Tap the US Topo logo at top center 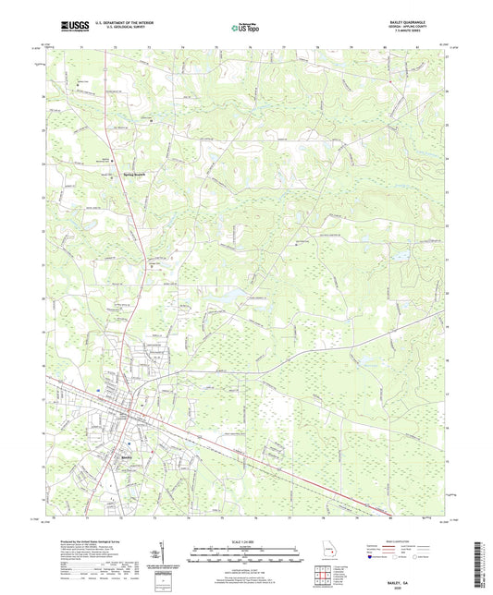pyautogui.click(x=245, y=29)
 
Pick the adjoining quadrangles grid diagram pyautogui.click(x=326, y=575)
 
